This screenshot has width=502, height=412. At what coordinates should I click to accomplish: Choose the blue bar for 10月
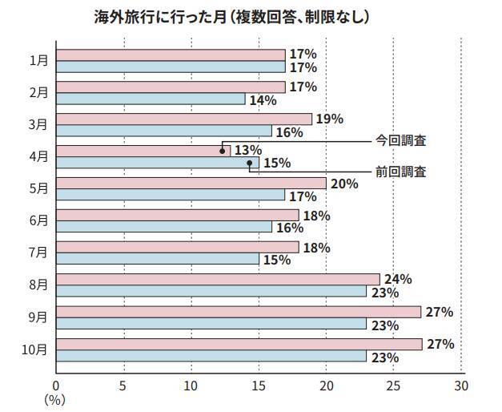tap(211, 355)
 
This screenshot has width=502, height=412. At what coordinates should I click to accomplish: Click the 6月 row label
tap(38, 220)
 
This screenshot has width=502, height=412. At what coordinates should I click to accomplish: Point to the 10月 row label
tap(35, 349)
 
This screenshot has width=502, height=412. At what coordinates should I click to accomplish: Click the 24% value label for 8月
tap(398, 279)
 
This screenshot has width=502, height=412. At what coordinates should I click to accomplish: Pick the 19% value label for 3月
tap(330, 119)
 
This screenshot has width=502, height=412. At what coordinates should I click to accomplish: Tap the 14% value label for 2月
tap(263, 99)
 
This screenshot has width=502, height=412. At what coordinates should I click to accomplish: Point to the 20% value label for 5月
tap(343, 184)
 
